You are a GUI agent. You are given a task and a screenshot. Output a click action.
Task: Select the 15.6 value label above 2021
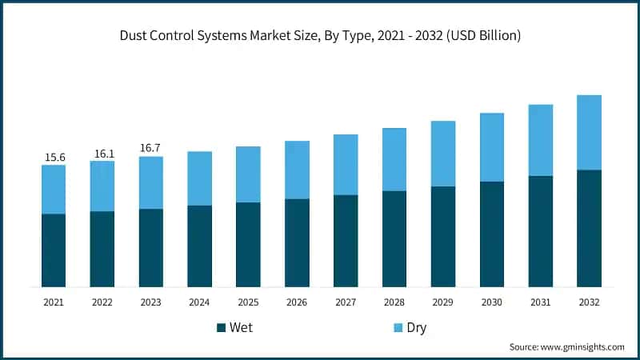54,158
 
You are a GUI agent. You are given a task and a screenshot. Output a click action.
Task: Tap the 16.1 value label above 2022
102,154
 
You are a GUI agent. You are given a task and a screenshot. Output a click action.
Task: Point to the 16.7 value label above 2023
151,148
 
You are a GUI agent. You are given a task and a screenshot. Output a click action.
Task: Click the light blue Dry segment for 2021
54,190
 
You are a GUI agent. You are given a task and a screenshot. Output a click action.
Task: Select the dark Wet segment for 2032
590,228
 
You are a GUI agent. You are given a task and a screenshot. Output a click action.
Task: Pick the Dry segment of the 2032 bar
590,132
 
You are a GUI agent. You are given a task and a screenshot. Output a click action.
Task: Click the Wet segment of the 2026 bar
297,242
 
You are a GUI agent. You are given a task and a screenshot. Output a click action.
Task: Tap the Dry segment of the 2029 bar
443,154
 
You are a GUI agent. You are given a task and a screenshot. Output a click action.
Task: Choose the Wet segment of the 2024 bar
199,246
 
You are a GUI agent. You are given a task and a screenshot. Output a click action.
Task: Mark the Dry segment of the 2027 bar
346,164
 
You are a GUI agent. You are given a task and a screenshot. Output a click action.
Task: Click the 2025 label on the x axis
248,302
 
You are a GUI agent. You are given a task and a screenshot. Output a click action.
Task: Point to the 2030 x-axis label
492,302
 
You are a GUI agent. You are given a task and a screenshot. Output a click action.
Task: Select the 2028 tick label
394,302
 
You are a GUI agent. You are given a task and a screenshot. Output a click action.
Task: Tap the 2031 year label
541,302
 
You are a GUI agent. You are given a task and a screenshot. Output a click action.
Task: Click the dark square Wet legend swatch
221,328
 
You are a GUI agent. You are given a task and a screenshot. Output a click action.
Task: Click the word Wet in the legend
242,328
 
